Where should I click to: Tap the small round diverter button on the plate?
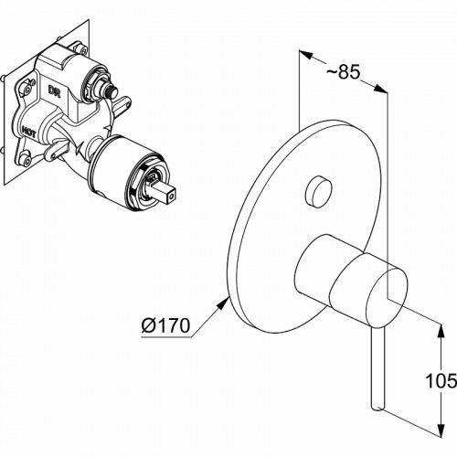point(318,193)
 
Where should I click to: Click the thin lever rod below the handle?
point(377,366)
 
